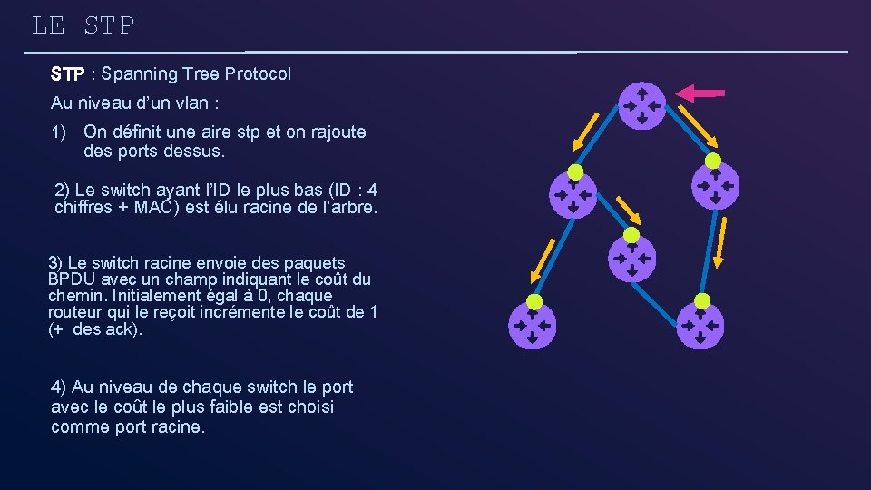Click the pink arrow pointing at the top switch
coord(700,92)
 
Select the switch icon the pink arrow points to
coord(641,104)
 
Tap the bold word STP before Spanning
coord(68,74)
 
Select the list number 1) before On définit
coord(60,132)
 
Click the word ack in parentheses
coord(121,329)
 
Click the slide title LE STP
coord(83,25)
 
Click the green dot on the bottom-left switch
coord(534,301)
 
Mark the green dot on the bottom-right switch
coord(701,301)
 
